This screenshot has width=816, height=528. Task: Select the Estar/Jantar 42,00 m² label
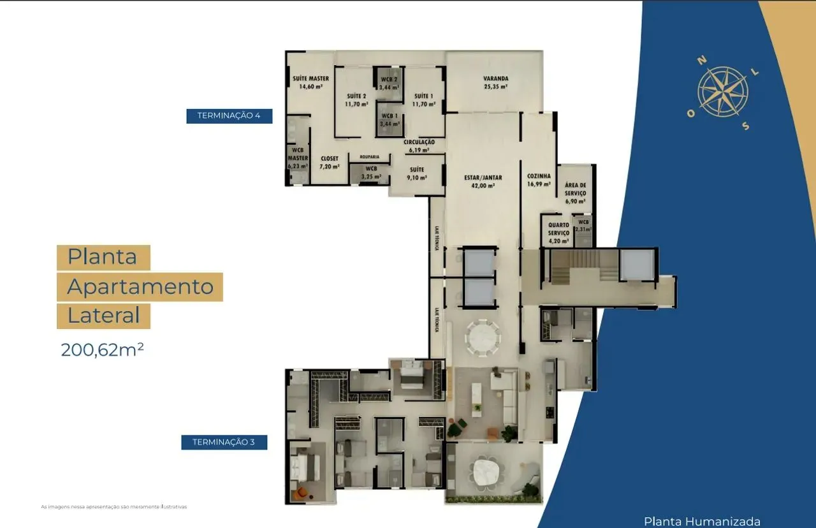click(x=483, y=182)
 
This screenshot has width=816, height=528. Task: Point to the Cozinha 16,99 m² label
click(x=539, y=180)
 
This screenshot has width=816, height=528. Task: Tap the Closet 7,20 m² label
click(x=330, y=162)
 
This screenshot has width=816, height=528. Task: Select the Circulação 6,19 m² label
click(x=419, y=145)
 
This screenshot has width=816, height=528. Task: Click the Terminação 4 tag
click(x=229, y=115)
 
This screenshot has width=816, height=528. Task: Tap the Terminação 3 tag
click(x=224, y=442)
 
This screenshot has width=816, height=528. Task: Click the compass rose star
click(x=722, y=92)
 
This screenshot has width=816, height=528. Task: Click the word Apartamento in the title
click(x=140, y=287)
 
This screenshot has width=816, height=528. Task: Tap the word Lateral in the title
click(x=103, y=316)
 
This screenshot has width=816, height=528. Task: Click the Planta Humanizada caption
click(x=702, y=521)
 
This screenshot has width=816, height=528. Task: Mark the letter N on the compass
click(x=702, y=61)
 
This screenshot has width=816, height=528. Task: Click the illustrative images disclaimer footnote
click(x=114, y=507)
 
